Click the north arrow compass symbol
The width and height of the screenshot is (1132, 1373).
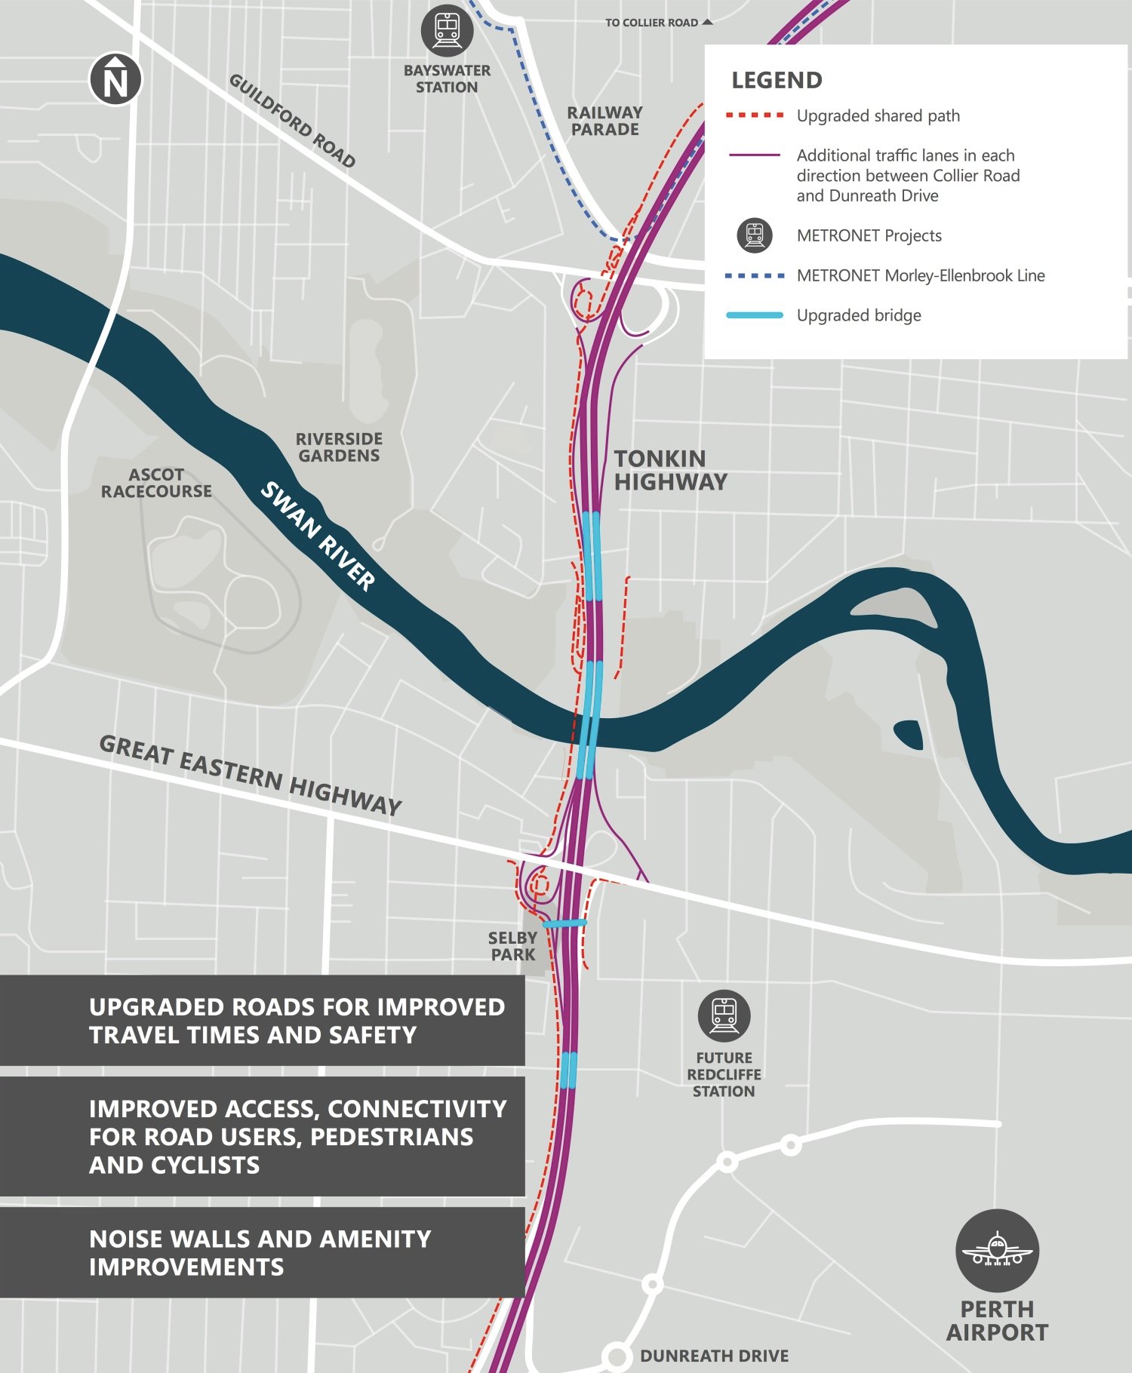tap(115, 79)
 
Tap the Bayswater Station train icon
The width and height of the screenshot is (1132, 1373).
tap(448, 30)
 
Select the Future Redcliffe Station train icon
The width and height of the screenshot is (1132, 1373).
tap(724, 1015)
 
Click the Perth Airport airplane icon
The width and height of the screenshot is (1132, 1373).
tap(997, 1251)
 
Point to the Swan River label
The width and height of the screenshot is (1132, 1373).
tap(318, 536)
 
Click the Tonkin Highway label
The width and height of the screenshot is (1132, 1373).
tap(670, 470)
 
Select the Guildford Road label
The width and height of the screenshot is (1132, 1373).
tap(292, 120)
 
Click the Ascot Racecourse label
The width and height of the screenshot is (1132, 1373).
tap(156, 483)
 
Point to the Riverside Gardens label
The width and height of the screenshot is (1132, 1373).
tap(339, 447)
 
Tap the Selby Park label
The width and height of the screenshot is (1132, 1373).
tap(512, 946)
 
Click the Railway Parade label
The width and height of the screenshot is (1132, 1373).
tap(604, 121)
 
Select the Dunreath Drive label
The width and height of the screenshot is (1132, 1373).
tap(714, 1356)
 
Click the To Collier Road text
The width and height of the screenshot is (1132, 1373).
tap(652, 23)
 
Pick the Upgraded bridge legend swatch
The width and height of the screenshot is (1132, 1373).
tap(754, 315)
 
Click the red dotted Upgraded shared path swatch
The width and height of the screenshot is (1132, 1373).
tap(754, 115)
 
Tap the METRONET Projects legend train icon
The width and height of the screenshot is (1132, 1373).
tap(754, 235)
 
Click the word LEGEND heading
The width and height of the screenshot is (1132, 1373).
tap(777, 80)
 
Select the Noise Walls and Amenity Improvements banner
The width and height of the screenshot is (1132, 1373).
tap(261, 1252)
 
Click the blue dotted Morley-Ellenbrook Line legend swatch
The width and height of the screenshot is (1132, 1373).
tap(754, 276)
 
